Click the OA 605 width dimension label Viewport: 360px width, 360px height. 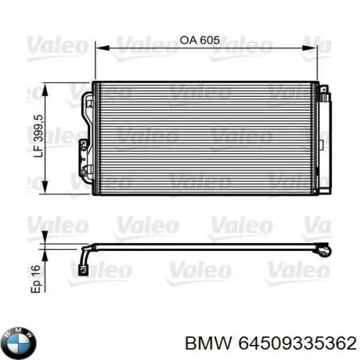[200, 41]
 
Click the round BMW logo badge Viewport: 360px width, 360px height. [19, 343]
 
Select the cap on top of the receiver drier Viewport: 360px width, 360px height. [324, 90]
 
